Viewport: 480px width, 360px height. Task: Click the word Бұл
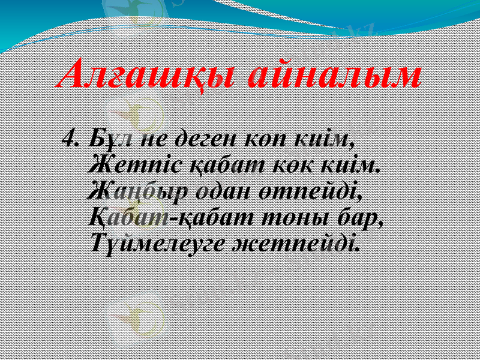tap(110, 139)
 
